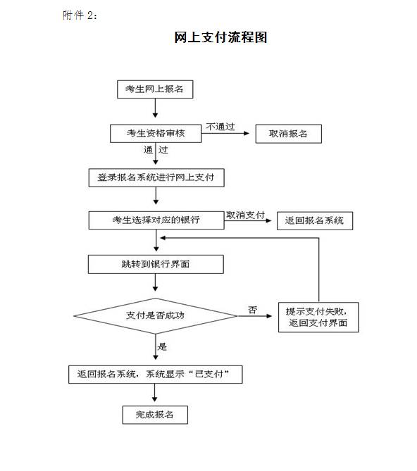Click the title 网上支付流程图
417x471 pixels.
point(220,37)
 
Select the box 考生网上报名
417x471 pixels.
point(155,89)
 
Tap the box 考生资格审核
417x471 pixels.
point(156,133)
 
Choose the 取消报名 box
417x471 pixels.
point(288,134)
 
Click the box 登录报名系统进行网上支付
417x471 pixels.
point(156,177)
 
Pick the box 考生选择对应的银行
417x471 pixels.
point(156,220)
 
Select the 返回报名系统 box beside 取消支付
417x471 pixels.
point(315,221)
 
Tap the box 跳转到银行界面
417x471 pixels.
point(156,264)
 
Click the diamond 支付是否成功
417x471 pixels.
point(156,315)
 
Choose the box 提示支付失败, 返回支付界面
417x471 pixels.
point(318,318)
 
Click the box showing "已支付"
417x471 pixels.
point(156,375)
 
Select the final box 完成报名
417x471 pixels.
point(155,415)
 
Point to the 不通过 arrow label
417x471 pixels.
point(220,127)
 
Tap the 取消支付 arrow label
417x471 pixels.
point(245,215)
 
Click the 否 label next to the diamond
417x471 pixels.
point(253,310)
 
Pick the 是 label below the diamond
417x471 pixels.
point(162,346)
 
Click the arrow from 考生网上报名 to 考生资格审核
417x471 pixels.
point(156,108)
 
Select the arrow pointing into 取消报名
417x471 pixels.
point(225,133)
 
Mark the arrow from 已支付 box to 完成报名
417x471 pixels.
point(155,393)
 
